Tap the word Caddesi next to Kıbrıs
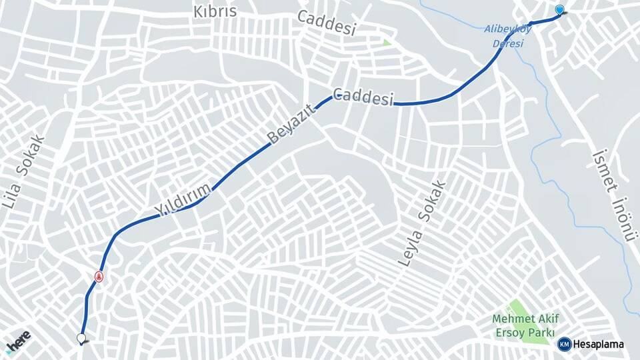click(x=327, y=23)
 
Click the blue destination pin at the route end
click(x=559, y=9)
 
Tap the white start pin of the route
click(x=82, y=339)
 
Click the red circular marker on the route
click(x=99, y=276)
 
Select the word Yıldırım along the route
click(x=183, y=199)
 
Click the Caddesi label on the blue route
click(x=363, y=98)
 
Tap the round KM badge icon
click(x=564, y=344)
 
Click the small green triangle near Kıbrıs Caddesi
click(x=387, y=43)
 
